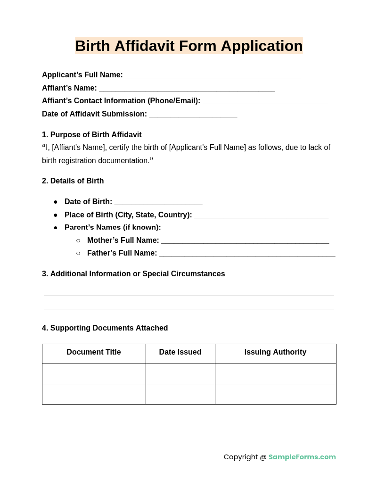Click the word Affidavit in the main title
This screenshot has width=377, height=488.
pos(144,46)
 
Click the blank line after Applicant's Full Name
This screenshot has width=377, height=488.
pos(213,75)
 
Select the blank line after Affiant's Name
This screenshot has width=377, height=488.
pos(187,89)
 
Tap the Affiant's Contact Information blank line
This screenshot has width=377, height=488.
pos(265,101)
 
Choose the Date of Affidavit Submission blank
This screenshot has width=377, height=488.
pos(193,115)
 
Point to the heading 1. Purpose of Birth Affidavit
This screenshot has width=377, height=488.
pos(91,135)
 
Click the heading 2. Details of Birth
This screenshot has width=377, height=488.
pos(73,181)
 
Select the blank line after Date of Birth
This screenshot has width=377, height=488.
pos(158,203)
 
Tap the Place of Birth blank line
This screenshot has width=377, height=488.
pos(261,215)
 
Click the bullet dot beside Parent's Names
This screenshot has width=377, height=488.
pos(56,228)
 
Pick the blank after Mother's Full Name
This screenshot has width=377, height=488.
pos(245,241)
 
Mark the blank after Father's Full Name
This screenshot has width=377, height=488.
pos(247,254)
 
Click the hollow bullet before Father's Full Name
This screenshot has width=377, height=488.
pos(78,254)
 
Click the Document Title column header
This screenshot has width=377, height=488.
pos(94,352)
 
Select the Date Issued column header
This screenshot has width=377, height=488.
pos(180,352)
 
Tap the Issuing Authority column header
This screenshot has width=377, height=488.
pos(275,352)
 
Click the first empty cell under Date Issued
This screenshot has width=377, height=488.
pos(180,374)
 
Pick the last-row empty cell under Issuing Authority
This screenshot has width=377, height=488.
pos(275,394)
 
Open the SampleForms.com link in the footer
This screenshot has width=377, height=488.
pos(302,457)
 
